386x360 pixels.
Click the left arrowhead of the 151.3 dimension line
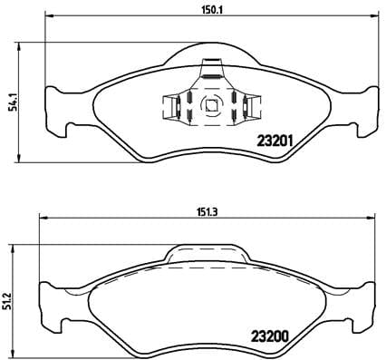(40, 218)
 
